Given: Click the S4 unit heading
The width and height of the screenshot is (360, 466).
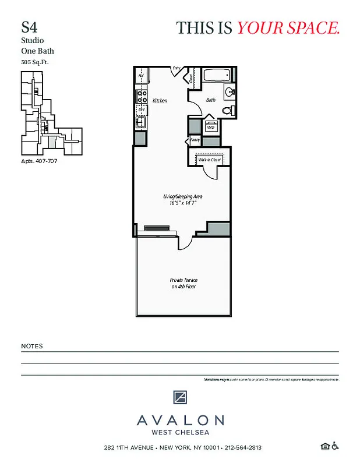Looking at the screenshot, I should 27,27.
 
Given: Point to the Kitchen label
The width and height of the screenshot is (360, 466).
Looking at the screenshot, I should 160,101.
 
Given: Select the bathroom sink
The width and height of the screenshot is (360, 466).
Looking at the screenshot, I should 228,92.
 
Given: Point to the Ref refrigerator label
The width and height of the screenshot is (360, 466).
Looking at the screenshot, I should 141,76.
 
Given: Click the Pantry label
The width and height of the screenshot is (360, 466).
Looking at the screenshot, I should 195,140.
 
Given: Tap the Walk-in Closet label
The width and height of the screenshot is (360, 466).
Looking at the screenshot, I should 209,159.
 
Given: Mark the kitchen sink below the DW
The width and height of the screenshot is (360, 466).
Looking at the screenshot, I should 141,122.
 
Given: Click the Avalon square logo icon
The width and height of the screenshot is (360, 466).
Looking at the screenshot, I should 180,398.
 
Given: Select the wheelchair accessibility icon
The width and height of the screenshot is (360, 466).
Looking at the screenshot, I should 335,446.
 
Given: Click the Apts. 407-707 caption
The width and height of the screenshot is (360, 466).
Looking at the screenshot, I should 38,161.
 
